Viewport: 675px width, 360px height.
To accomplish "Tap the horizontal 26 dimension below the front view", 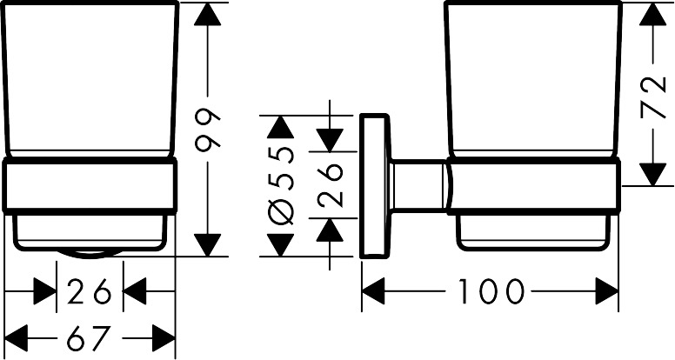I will (90, 292).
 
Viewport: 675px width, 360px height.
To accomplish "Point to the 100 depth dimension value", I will (489, 291).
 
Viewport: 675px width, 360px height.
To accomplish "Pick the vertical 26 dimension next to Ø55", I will (331, 184).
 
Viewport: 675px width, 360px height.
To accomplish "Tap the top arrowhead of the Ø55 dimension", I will (278, 129).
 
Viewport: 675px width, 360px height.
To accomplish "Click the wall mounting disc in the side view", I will (375, 184).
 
